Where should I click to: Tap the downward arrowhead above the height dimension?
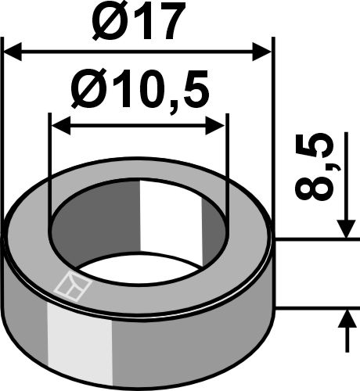pyautogui.click(x=344, y=228)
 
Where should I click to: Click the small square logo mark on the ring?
pyautogui.click(x=73, y=289)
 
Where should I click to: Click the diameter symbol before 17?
pyautogui.click(x=98, y=25)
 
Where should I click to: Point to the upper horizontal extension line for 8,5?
pyautogui.click(x=313, y=239)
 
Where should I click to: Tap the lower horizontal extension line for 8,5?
pyautogui.click(x=313, y=307)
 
